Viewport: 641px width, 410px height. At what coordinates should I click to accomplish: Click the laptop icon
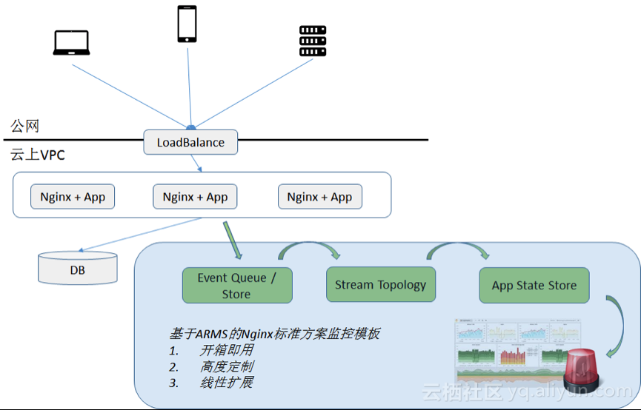point(71,42)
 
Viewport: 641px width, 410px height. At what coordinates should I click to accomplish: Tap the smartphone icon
point(187,24)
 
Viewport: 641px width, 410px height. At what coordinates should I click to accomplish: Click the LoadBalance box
point(190,142)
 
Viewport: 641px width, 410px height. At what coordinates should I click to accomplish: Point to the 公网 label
point(24,127)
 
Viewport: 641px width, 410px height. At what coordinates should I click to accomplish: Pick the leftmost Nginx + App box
point(73,197)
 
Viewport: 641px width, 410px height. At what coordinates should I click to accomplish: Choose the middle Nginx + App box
point(195,197)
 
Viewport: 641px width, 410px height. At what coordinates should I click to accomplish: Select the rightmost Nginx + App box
point(319,197)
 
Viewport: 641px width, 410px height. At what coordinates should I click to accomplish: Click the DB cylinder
point(77,269)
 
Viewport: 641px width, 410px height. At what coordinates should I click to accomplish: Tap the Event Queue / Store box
point(236,286)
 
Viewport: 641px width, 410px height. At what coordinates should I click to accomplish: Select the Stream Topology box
point(380,285)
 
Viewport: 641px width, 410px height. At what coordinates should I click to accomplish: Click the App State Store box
point(534,286)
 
